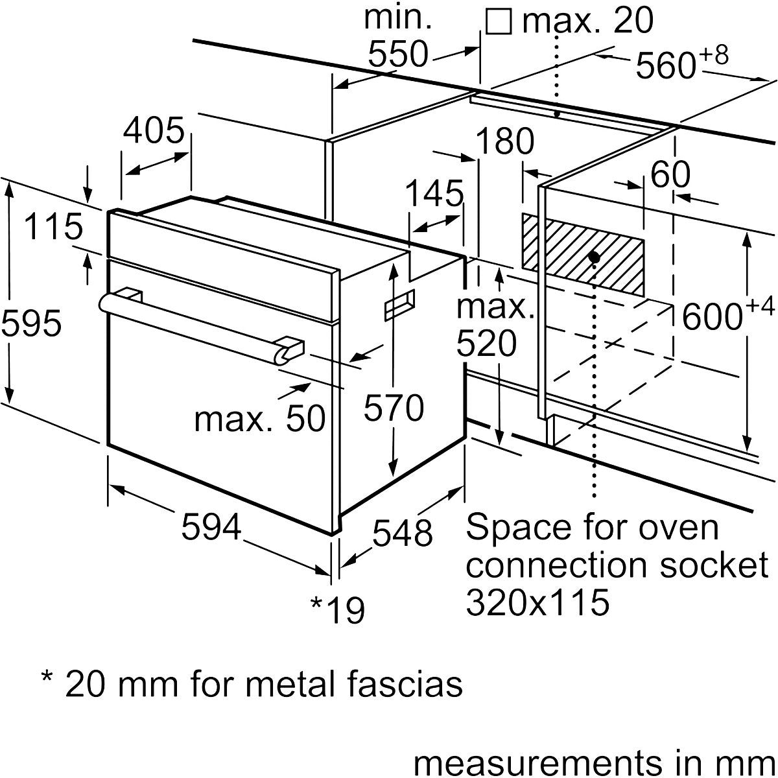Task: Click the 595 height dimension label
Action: pyautogui.click(x=32, y=322)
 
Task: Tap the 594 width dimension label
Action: pyautogui.click(x=211, y=527)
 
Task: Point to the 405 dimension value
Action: pyautogui.click(x=154, y=132)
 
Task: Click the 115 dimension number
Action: pyautogui.click(x=54, y=227)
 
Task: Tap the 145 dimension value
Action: pyautogui.click(x=434, y=193)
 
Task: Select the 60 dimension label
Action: pyautogui.click(x=670, y=174)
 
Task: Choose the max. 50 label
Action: pyautogui.click(x=259, y=418)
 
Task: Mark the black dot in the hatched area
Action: pyautogui.click(x=593, y=257)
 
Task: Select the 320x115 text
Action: pyautogui.click(x=537, y=602)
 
